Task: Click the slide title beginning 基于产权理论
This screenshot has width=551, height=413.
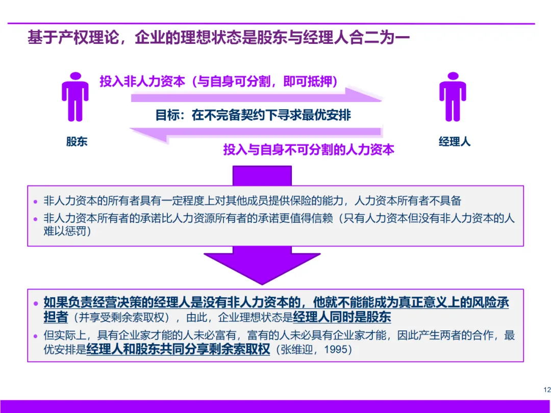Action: [x=218, y=38]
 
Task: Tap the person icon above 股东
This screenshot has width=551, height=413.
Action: [x=75, y=96]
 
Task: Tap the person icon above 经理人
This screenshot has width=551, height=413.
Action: [x=453, y=96]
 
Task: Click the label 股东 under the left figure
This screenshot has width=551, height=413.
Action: [x=77, y=142]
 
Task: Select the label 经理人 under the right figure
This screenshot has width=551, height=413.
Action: [x=455, y=142]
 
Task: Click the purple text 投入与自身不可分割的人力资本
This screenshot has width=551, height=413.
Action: [x=309, y=150]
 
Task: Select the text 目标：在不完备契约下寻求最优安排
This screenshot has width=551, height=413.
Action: [x=253, y=115]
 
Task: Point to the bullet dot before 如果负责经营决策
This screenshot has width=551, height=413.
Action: [x=35, y=303]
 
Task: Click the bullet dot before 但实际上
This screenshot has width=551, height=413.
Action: [x=35, y=336]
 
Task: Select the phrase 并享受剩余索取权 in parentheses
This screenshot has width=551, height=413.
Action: [x=122, y=318]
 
